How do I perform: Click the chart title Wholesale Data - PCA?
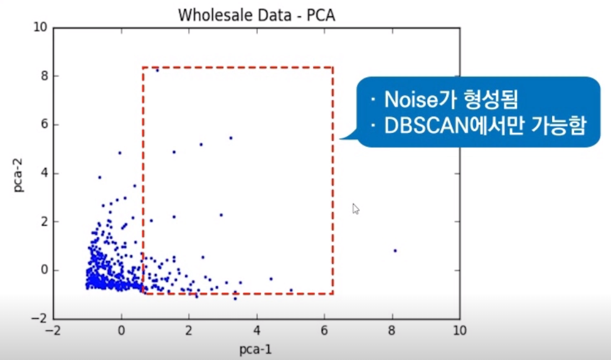[x=257, y=15]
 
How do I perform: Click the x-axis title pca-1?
[x=257, y=349]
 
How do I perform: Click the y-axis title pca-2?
[x=19, y=172]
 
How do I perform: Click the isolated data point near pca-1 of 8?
[x=395, y=251]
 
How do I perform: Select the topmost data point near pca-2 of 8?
[x=157, y=70]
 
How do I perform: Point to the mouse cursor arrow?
[x=356, y=209]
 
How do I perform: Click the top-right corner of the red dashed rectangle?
[x=332, y=67]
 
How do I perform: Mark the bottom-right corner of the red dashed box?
[x=332, y=294]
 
